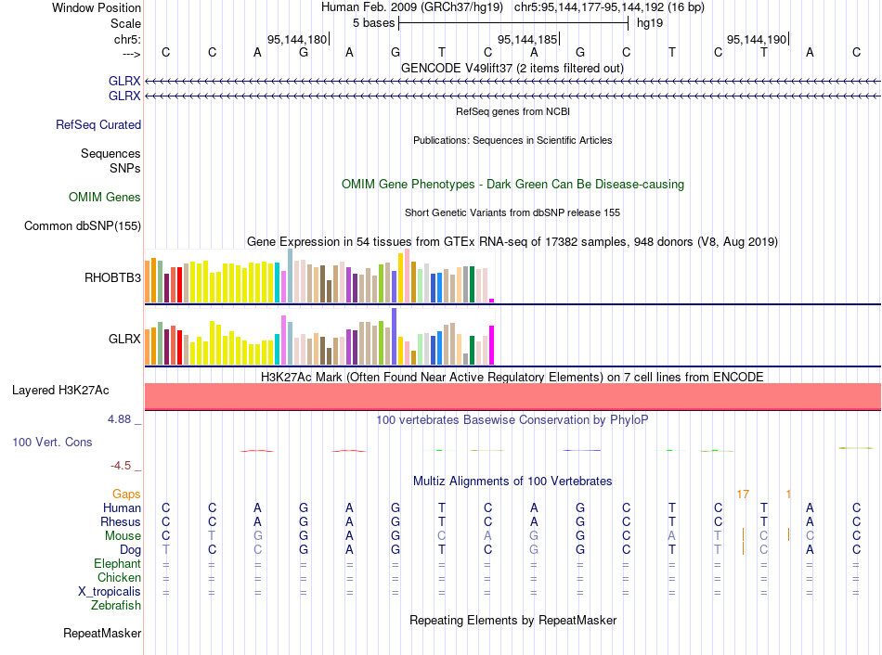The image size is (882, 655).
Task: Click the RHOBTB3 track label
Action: pos(112,276)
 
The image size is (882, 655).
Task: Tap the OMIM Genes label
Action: pos(105,197)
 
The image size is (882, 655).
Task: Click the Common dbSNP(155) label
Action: pos(83,225)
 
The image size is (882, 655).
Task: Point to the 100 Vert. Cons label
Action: pos(52,442)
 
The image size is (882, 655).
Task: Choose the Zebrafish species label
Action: pos(116,605)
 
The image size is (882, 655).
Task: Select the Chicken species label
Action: pos(118,577)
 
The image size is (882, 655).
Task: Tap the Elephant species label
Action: pos(117,563)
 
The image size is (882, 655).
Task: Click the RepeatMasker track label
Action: pos(102,634)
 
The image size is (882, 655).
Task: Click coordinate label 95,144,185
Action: pos(527,40)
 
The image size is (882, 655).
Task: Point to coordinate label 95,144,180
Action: pos(296,40)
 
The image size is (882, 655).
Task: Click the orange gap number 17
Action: pos(742,494)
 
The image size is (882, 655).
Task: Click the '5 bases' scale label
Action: pos(373,22)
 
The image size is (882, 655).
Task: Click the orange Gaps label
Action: pos(126,494)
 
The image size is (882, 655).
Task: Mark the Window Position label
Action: pos(97,7)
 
